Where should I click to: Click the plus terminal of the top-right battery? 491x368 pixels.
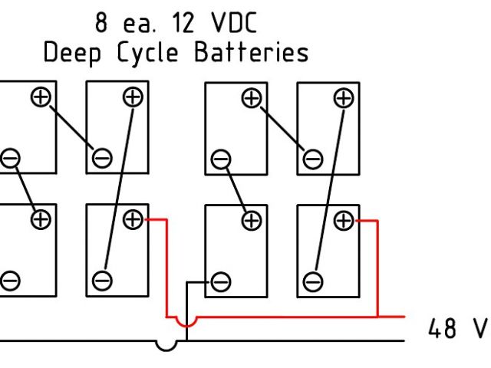pyautogui.click(x=344, y=97)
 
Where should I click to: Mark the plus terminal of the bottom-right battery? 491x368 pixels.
pyautogui.click(x=344, y=222)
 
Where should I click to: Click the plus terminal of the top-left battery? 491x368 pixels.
pyautogui.click(x=40, y=97)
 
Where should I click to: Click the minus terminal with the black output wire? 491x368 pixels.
pyautogui.click(x=221, y=281)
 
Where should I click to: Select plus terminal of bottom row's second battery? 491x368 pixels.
pyautogui.click(x=133, y=220)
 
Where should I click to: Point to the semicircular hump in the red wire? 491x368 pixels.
pyautogui.click(x=184, y=324)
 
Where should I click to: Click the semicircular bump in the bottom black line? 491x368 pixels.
pyautogui.click(x=166, y=345)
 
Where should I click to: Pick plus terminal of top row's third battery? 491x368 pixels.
pyautogui.click(x=252, y=97)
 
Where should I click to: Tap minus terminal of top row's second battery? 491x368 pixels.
pyautogui.click(x=101, y=159)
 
